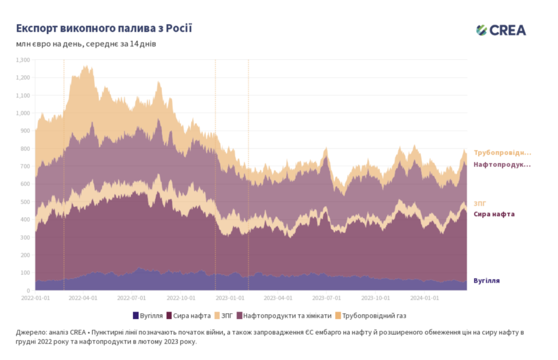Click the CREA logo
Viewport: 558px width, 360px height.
[501, 30]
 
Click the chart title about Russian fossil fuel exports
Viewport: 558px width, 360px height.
[104, 28]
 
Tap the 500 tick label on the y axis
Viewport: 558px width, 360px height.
[25, 202]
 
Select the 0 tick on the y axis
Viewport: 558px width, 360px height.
[30, 290]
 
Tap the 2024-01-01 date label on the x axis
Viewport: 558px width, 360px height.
[425, 298]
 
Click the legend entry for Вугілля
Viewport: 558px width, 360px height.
[148, 315]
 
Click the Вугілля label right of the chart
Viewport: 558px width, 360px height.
[487, 281]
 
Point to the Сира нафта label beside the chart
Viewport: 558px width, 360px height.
[494, 214]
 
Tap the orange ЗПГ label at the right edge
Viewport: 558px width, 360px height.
[480, 203]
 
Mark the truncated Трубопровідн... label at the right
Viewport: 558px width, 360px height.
[502, 153]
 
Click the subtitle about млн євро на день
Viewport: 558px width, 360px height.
[86, 44]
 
